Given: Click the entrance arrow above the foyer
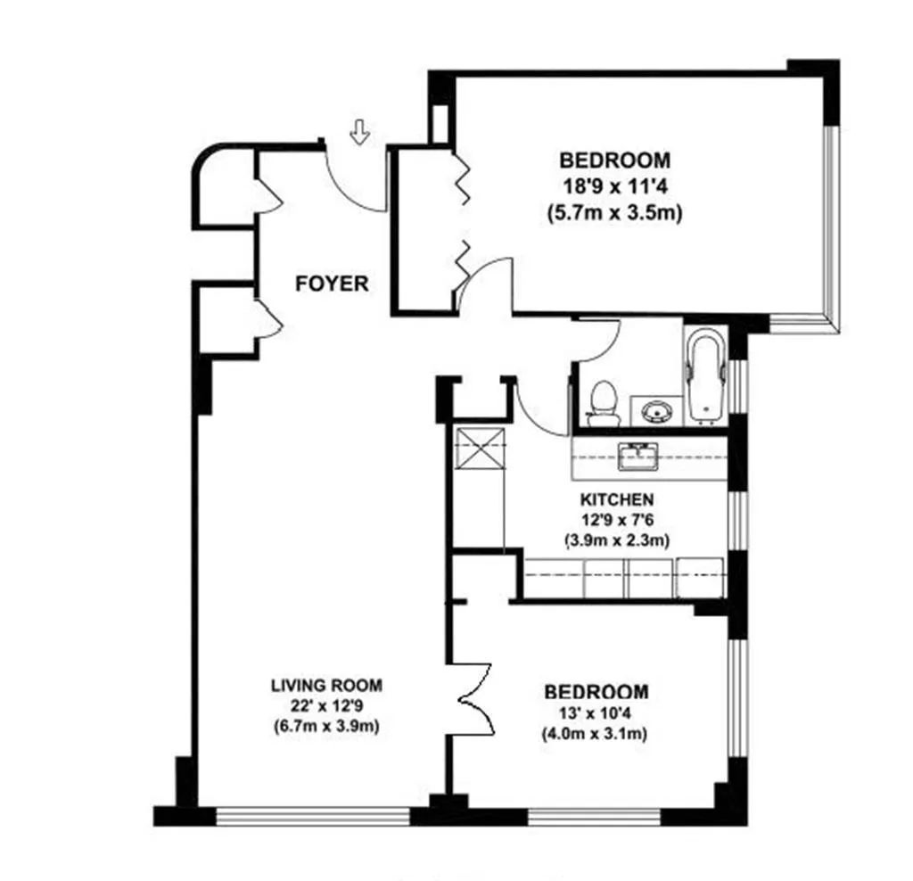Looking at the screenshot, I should point(359,134).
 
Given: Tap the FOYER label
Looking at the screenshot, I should point(332,284).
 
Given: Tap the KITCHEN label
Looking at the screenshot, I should point(616,499).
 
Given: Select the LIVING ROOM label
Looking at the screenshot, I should point(326,686).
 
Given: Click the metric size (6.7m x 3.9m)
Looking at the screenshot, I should point(326,726).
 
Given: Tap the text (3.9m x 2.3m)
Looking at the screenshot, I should point(616,539).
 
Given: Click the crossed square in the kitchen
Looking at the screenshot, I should point(480,449).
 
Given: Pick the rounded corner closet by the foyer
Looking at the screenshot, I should point(223,189).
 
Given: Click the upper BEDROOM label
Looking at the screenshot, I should point(614,161).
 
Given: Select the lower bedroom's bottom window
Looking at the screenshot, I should point(615,815).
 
